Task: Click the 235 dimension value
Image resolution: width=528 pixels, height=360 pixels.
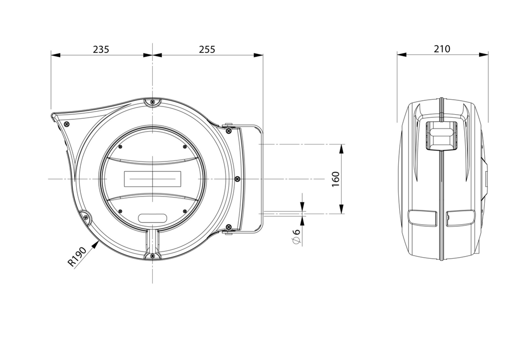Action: [x=101, y=49]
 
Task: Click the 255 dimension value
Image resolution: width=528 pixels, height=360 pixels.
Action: [x=207, y=49]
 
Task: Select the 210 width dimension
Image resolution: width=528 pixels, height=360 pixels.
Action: [x=442, y=49]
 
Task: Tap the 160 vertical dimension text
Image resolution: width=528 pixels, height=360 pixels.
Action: [x=336, y=179]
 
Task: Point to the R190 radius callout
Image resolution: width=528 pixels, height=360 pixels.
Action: [x=77, y=257]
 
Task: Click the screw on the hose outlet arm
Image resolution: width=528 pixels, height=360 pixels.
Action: [x=66, y=124]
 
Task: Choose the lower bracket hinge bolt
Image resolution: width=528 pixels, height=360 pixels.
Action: [x=228, y=227]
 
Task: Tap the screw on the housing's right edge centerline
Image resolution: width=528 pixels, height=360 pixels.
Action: [x=237, y=178]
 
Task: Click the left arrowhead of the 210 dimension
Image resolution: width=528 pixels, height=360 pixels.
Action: [x=401, y=55]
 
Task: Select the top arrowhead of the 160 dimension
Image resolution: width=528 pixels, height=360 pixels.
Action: [x=342, y=149]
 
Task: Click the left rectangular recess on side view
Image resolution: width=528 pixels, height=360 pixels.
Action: [x=423, y=218]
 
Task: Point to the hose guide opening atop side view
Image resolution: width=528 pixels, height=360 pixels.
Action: [x=441, y=135]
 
